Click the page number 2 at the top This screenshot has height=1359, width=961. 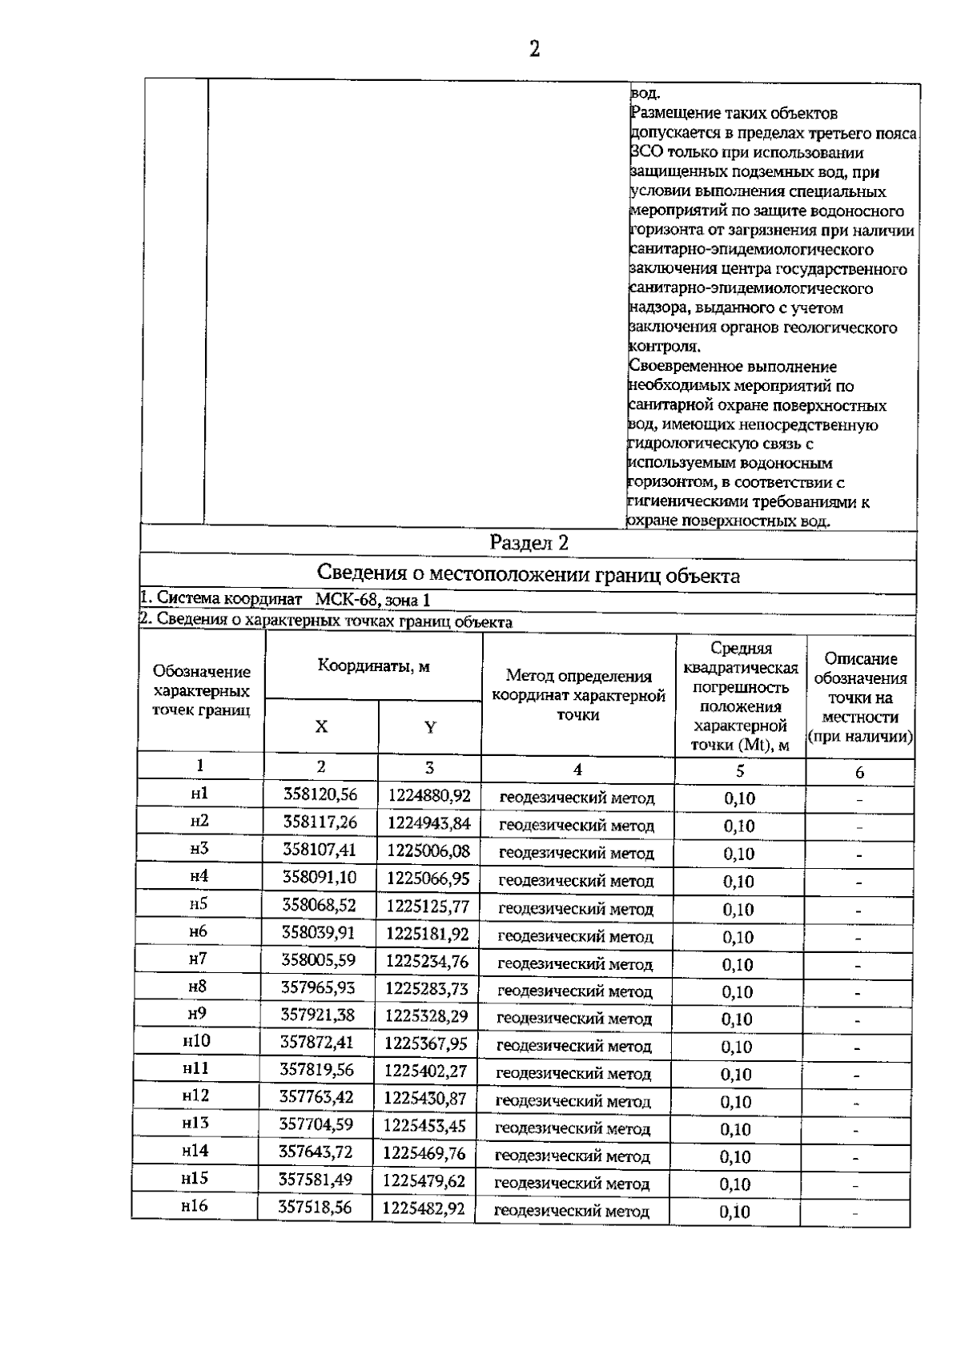pos(534,50)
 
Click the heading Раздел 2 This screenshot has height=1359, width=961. pos(529,542)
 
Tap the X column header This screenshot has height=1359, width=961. pos(321,726)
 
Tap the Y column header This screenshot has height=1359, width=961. pos(430,727)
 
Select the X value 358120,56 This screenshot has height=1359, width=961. pos(320,794)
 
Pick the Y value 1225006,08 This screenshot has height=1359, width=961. pos(428,850)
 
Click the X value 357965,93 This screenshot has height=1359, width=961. pos(318,987)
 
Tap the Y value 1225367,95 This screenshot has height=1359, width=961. pos(425,1043)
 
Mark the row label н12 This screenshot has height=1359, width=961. pos(195,1096)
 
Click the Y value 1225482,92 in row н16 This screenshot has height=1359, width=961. pos(424,1208)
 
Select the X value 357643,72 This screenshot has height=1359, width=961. pos(316,1152)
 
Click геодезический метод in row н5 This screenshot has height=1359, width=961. pos(576,909)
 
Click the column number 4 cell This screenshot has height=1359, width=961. pos(577,770)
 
